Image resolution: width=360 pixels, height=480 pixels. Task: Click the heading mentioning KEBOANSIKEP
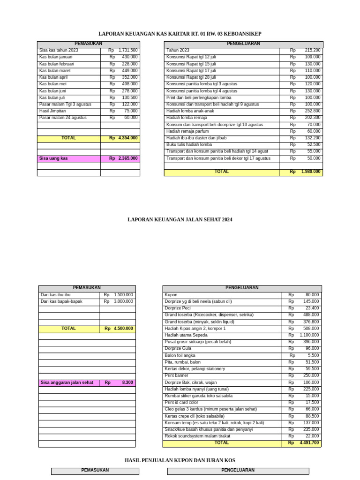click(x=180, y=34)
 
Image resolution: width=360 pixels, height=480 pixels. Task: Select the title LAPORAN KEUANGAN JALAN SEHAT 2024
click(x=180, y=219)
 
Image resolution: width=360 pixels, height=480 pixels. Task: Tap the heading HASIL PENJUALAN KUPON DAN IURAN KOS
click(x=180, y=460)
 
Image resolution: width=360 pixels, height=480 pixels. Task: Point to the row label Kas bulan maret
click(x=55, y=71)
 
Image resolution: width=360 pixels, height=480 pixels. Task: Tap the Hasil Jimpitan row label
click(x=52, y=111)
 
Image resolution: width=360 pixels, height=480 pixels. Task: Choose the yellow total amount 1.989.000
click(x=310, y=172)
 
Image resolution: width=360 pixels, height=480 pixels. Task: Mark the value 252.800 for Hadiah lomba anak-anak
click(x=312, y=111)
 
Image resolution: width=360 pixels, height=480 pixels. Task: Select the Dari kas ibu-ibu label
click(x=55, y=295)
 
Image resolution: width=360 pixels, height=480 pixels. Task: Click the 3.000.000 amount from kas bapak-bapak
click(x=123, y=301)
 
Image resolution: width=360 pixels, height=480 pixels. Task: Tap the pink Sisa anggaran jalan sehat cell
click(x=67, y=382)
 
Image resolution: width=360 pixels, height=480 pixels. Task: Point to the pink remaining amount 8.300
click(x=127, y=382)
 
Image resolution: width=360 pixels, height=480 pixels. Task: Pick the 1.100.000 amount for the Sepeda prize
click(x=309, y=335)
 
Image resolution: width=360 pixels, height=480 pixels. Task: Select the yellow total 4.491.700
click(x=309, y=442)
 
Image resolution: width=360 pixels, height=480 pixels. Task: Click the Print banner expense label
click(x=176, y=375)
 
